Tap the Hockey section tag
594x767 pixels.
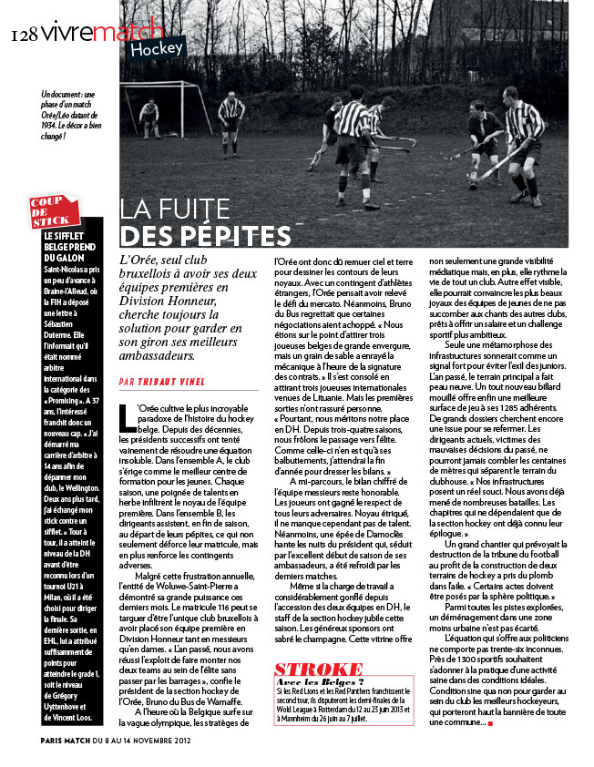point(156,48)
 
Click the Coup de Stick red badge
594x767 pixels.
point(50,212)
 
